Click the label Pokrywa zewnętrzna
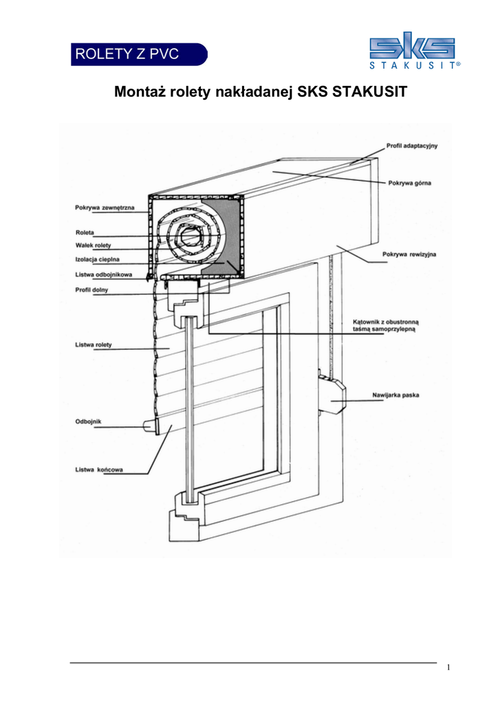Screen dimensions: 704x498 [x=105, y=207]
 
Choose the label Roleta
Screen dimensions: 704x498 [x=85, y=232]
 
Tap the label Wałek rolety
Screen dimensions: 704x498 [x=93, y=245]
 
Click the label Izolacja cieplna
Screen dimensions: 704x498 [x=96, y=259]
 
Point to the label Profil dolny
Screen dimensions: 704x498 [x=91, y=289]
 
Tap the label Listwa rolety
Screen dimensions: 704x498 [x=94, y=344]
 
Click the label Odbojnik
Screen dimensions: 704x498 [x=89, y=421]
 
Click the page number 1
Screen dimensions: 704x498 [x=448, y=668]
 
